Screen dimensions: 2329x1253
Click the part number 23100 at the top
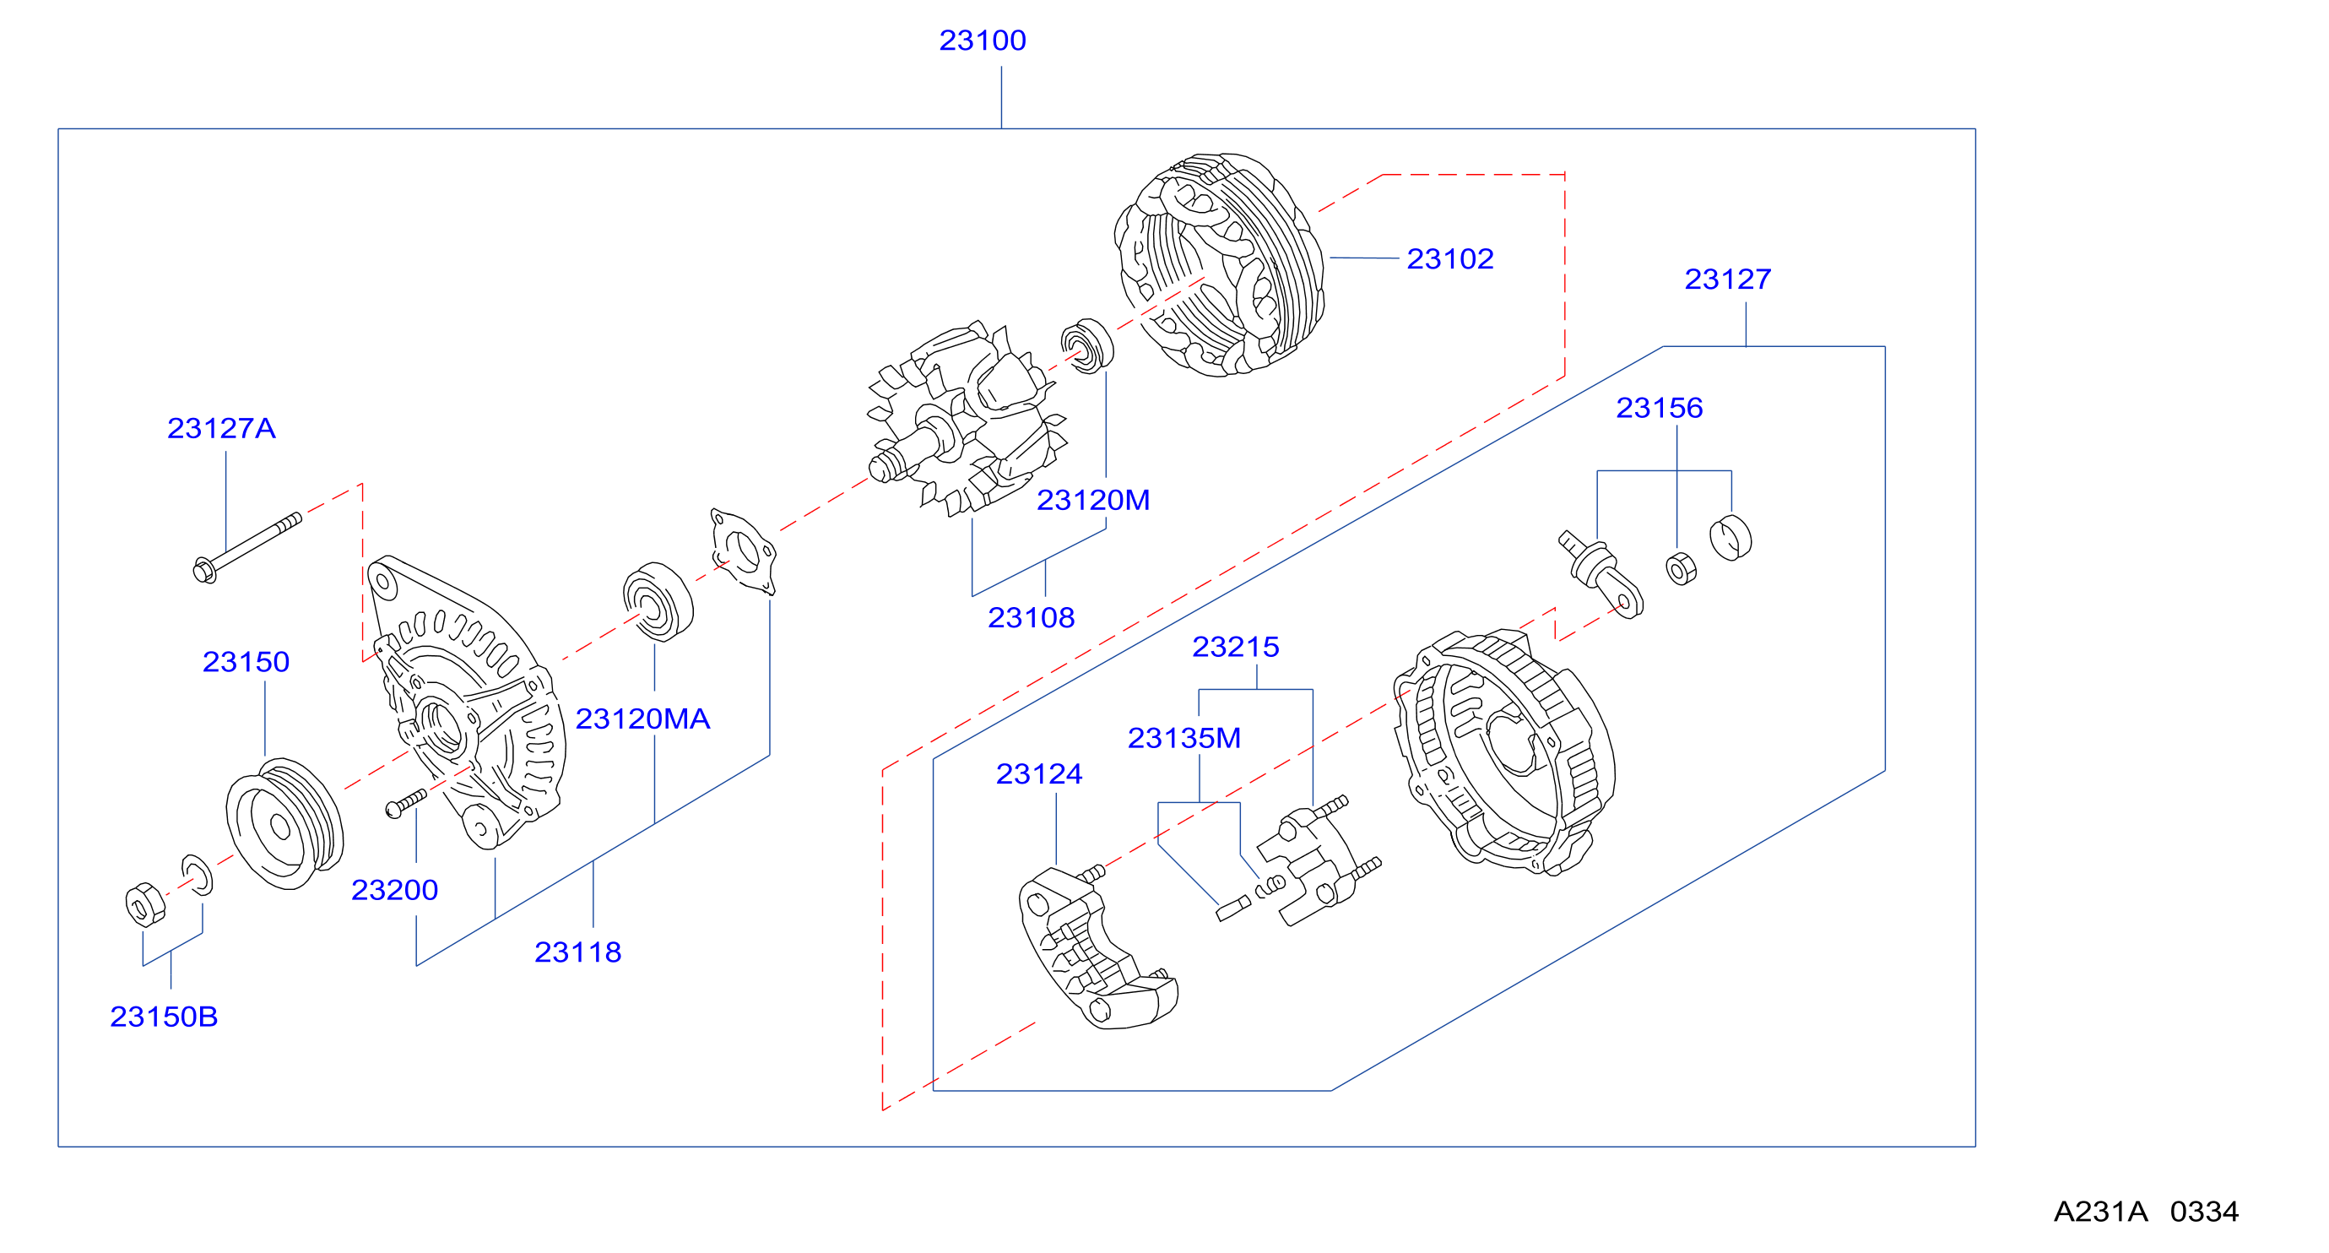point(982,41)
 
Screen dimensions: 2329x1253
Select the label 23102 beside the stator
point(1450,259)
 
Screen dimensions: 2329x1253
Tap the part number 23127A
point(221,429)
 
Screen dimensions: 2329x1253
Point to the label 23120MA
point(643,719)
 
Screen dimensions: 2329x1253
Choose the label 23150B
point(164,1017)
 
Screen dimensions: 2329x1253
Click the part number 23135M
point(1184,739)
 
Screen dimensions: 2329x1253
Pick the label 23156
point(1659,409)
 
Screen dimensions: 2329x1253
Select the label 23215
point(1235,648)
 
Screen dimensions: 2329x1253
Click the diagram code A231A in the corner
point(2100,1212)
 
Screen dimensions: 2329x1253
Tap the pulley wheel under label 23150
point(284,823)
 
